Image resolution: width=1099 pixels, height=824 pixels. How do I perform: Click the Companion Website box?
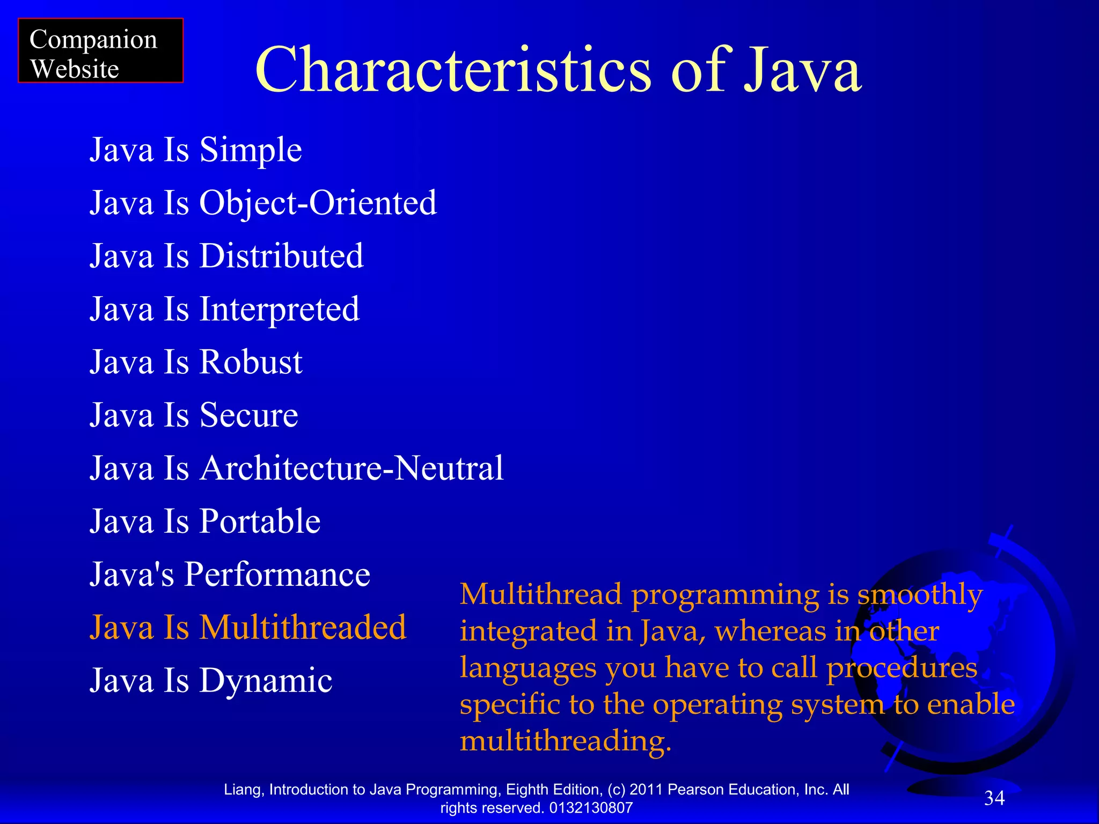100,51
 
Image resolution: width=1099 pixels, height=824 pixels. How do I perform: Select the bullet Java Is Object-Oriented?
263,203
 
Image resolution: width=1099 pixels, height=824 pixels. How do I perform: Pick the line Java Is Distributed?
226,255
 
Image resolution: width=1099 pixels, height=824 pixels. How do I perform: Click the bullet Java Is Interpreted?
224,309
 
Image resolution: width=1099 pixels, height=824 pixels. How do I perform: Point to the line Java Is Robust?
196,362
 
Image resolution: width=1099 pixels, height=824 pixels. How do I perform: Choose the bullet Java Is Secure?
194,415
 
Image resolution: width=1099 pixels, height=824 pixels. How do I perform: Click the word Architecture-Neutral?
351,468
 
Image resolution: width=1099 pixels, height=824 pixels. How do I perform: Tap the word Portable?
260,521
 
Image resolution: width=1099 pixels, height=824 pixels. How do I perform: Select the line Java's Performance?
230,575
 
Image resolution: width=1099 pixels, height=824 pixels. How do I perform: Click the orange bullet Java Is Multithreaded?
248,627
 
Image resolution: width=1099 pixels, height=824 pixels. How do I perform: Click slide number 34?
994,798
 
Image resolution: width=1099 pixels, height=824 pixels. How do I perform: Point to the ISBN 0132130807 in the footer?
591,808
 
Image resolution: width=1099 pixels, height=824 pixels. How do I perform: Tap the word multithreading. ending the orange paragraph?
566,741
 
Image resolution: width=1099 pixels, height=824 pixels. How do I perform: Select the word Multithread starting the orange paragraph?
541,594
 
